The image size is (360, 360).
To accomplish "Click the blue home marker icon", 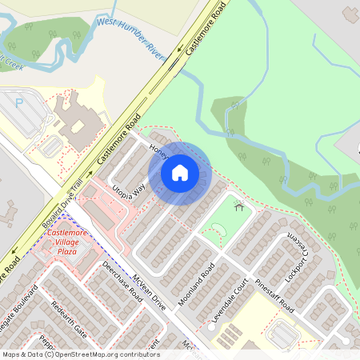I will [180, 172].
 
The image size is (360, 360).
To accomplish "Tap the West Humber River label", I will [130, 35].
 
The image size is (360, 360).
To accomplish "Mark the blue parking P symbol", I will [18, 102].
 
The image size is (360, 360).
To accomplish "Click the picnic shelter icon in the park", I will [238, 206].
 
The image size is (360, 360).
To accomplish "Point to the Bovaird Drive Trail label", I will [62, 206].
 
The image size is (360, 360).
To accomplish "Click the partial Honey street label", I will [157, 148].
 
